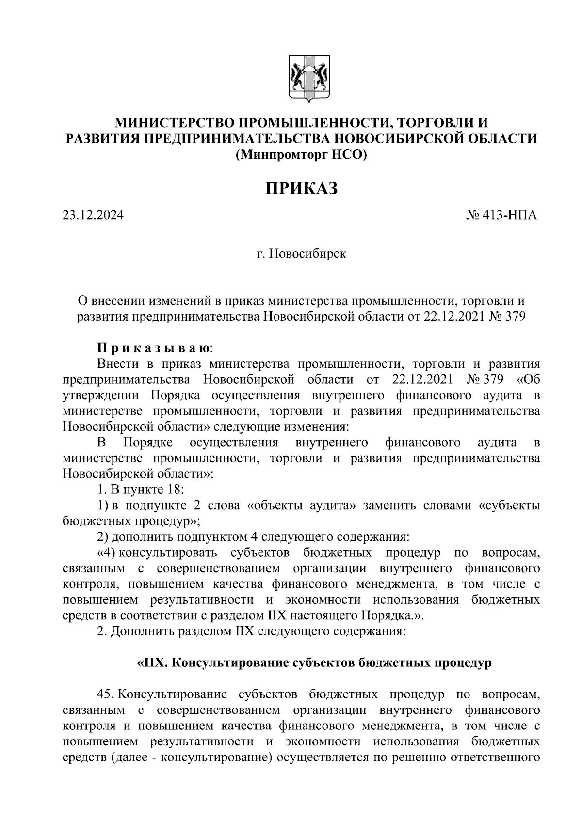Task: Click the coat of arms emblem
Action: pos(307,79)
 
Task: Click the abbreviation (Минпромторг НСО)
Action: pos(301,155)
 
